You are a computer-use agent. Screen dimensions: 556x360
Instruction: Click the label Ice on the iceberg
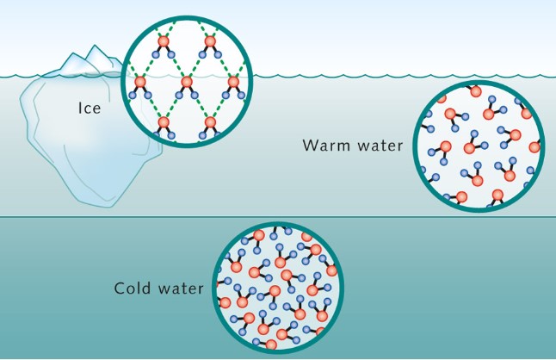pyautogui.click(x=90, y=109)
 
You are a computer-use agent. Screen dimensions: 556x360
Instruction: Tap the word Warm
pyautogui.click(x=326, y=146)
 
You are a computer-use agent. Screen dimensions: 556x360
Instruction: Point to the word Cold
pyautogui.click(x=133, y=288)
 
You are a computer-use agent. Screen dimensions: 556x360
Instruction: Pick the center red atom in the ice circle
pyautogui.click(x=187, y=82)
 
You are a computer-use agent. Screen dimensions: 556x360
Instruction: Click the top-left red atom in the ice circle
pyautogui.click(x=164, y=41)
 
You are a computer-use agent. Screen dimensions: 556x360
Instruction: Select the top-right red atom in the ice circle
pyautogui.click(x=210, y=41)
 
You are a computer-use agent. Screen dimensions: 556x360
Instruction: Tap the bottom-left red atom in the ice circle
pyautogui.click(x=164, y=122)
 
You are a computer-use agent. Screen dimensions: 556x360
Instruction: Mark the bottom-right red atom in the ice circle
pyautogui.click(x=210, y=122)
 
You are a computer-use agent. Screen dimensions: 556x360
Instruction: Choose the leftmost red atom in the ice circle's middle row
pyautogui.click(x=140, y=82)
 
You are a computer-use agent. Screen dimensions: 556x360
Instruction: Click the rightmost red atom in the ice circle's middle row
pyautogui.click(x=233, y=82)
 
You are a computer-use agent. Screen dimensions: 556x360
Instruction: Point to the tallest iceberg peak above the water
pyautogui.click(x=95, y=46)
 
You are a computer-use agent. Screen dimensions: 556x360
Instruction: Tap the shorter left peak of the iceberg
pyautogui.click(x=74, y=54)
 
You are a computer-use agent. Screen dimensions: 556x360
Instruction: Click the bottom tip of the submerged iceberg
pyautogui.click(x=111, y=207)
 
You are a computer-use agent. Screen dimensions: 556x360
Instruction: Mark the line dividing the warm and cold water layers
pyautogui.click(x=278, y=217)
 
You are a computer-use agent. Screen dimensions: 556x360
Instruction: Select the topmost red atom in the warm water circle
pyautogui.click(x=475, y=91)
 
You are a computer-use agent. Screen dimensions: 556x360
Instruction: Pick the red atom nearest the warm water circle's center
pyautogui.click(x=469, y=148)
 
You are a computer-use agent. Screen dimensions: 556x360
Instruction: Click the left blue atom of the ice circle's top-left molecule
pyautogui.click(x=155, y=54)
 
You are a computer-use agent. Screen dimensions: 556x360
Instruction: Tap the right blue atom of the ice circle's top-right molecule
pyautogui.click(x=218, y=54)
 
